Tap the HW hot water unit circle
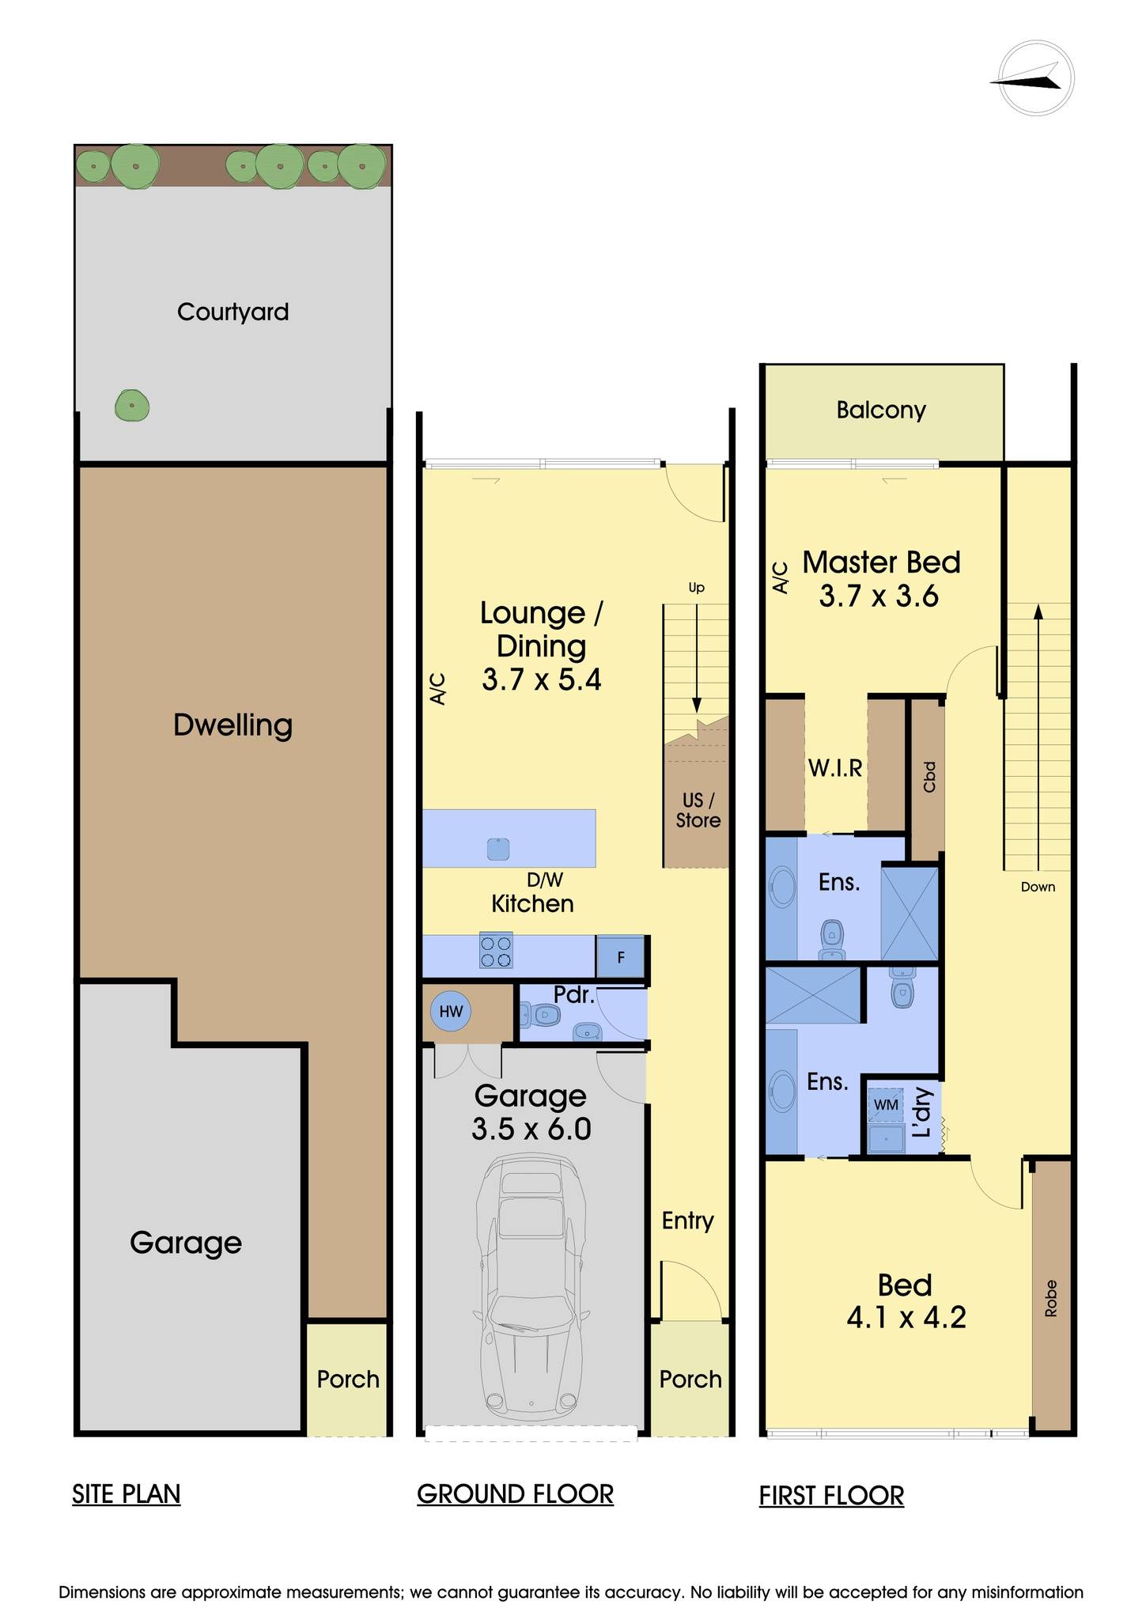click(451, 1012)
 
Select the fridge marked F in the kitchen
click(620, 957)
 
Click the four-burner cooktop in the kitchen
click(496, 950)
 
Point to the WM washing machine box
click(886, 1104)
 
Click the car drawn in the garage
click(531, 1286)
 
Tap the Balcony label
click(881, 410)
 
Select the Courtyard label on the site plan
click(233, 312)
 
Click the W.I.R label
click(835, 767)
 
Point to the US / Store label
click(698, 811)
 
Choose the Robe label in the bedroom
click(1050, 1298)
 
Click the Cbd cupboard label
click(929, 777)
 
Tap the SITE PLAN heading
click(127, 1494)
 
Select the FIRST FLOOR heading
click(831, 1496)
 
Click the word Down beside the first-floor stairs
click(1038, 887)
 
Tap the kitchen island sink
click(497, 849)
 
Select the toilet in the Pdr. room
click(539, 1014)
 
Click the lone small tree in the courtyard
click(132, 407)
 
